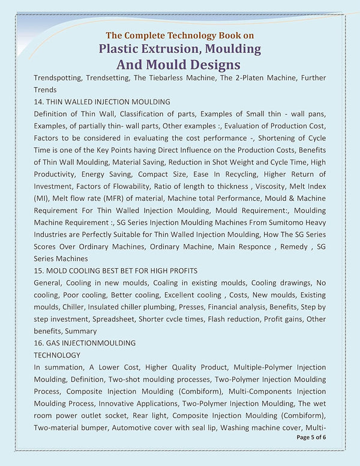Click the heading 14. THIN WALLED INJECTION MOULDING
coord(102,101)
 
